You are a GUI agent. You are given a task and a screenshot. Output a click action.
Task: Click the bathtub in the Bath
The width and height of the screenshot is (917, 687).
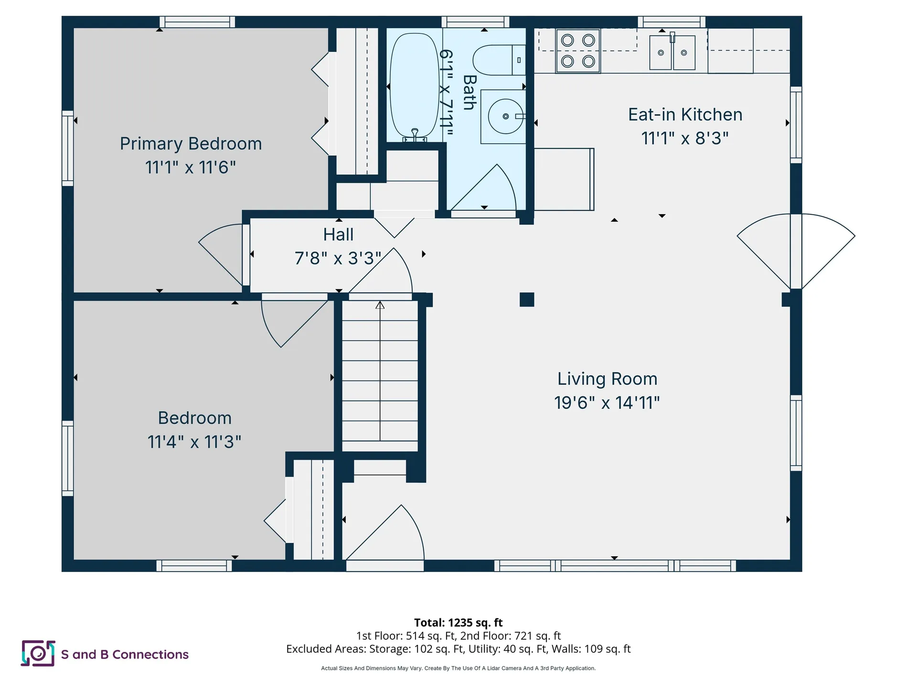[x=414, y=86]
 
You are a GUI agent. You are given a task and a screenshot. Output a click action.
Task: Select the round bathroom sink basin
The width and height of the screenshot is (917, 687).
[x=505, y=116]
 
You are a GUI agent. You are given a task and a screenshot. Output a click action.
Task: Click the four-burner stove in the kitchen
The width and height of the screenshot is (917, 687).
[x=578, y=51]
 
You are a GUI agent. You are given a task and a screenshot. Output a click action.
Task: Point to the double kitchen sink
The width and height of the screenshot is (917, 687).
[x=672, y=52]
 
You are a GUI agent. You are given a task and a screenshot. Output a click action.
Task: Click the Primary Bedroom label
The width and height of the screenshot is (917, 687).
[x=191, y=144]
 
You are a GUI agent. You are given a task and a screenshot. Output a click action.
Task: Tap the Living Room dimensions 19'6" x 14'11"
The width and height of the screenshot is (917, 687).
[x=607, y=403]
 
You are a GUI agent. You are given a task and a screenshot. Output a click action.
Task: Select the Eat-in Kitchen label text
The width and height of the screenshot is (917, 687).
[x=685, y=114]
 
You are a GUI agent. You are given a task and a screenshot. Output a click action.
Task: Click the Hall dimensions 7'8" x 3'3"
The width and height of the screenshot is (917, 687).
[x=338, y=258]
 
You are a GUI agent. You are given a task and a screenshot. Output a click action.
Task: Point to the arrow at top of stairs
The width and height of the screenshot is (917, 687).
[x=380, y=305]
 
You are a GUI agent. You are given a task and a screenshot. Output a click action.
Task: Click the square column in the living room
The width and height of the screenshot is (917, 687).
[x=527, y=300]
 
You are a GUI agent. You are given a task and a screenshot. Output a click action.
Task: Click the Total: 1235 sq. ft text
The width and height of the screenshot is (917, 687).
[x=458, y=623]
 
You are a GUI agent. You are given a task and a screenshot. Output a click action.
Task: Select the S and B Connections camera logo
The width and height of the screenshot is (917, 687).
[x=38, y=653]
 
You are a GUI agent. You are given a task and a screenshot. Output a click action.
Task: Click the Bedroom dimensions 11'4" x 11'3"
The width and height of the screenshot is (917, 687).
[x=194, y=442]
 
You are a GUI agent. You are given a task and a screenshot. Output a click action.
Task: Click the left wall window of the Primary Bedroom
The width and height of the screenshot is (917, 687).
[x=68, y=148]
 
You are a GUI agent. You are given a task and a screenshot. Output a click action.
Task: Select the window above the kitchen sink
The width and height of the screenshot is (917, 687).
[x=672, y=22]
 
